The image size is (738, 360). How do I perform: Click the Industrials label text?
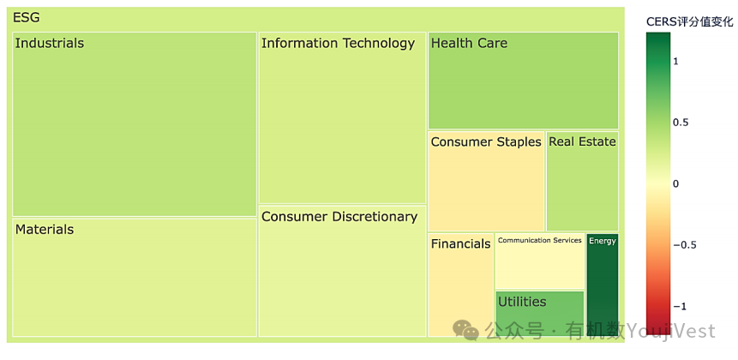tap(50, 44)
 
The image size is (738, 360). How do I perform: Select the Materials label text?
tap(45, 230)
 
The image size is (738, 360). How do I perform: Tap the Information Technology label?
tap(338, 44)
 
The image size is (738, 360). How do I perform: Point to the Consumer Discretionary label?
tap(339, 217)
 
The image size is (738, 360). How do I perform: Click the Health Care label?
tap(469, 44)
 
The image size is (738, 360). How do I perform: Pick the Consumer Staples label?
tap(486, 142)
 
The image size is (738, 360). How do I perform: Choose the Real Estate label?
tap(582, 141)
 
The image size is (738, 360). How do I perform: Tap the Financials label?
tap(461, 243)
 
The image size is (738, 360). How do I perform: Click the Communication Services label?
tap(540, 241)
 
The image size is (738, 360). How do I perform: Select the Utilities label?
tap(522, 302)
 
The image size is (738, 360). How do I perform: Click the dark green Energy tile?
tap(603, 285)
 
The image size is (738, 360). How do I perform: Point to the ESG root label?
tap(27, 18)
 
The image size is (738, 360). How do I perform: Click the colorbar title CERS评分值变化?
tap(689, 21)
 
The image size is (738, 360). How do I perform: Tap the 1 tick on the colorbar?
tap(676, 61)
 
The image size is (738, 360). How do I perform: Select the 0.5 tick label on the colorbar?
tap(682, 123)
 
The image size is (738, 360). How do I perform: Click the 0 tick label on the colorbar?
tap(676, 184)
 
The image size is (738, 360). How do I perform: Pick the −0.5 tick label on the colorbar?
tap(685, 245)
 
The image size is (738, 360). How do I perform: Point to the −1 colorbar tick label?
tap(679, 307)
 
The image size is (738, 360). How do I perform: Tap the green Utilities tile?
tap(539, 314)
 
